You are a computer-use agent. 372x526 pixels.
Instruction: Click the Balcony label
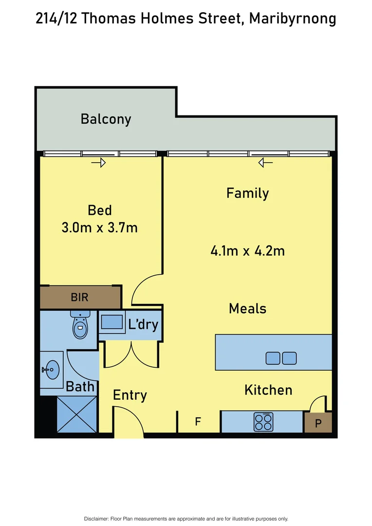coord(106,119)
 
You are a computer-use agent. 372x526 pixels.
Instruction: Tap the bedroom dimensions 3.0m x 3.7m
coord(99,227)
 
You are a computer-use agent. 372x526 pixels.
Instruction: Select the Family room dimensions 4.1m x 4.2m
coord(247,251)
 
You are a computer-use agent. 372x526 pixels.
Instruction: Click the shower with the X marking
coord(77,414)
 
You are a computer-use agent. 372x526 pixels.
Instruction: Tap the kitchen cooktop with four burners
coord(263,422)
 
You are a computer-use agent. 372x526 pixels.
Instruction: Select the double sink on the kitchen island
coord(281,358)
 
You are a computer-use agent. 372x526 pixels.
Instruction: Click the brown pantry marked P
coord(318,423)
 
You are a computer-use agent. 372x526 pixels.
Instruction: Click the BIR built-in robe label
coord(79,297)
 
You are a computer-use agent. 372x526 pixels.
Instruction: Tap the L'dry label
coord(143,324)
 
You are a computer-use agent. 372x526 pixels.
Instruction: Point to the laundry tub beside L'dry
coord(112,322)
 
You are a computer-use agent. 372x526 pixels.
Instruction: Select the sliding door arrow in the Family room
coord(265,163)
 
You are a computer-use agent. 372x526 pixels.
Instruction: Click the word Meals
coord(247,308)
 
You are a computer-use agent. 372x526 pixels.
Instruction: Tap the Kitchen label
coord(268,390)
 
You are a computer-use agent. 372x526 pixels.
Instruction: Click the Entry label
coord(130,395)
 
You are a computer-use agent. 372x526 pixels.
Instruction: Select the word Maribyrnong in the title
coord(292,19)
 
